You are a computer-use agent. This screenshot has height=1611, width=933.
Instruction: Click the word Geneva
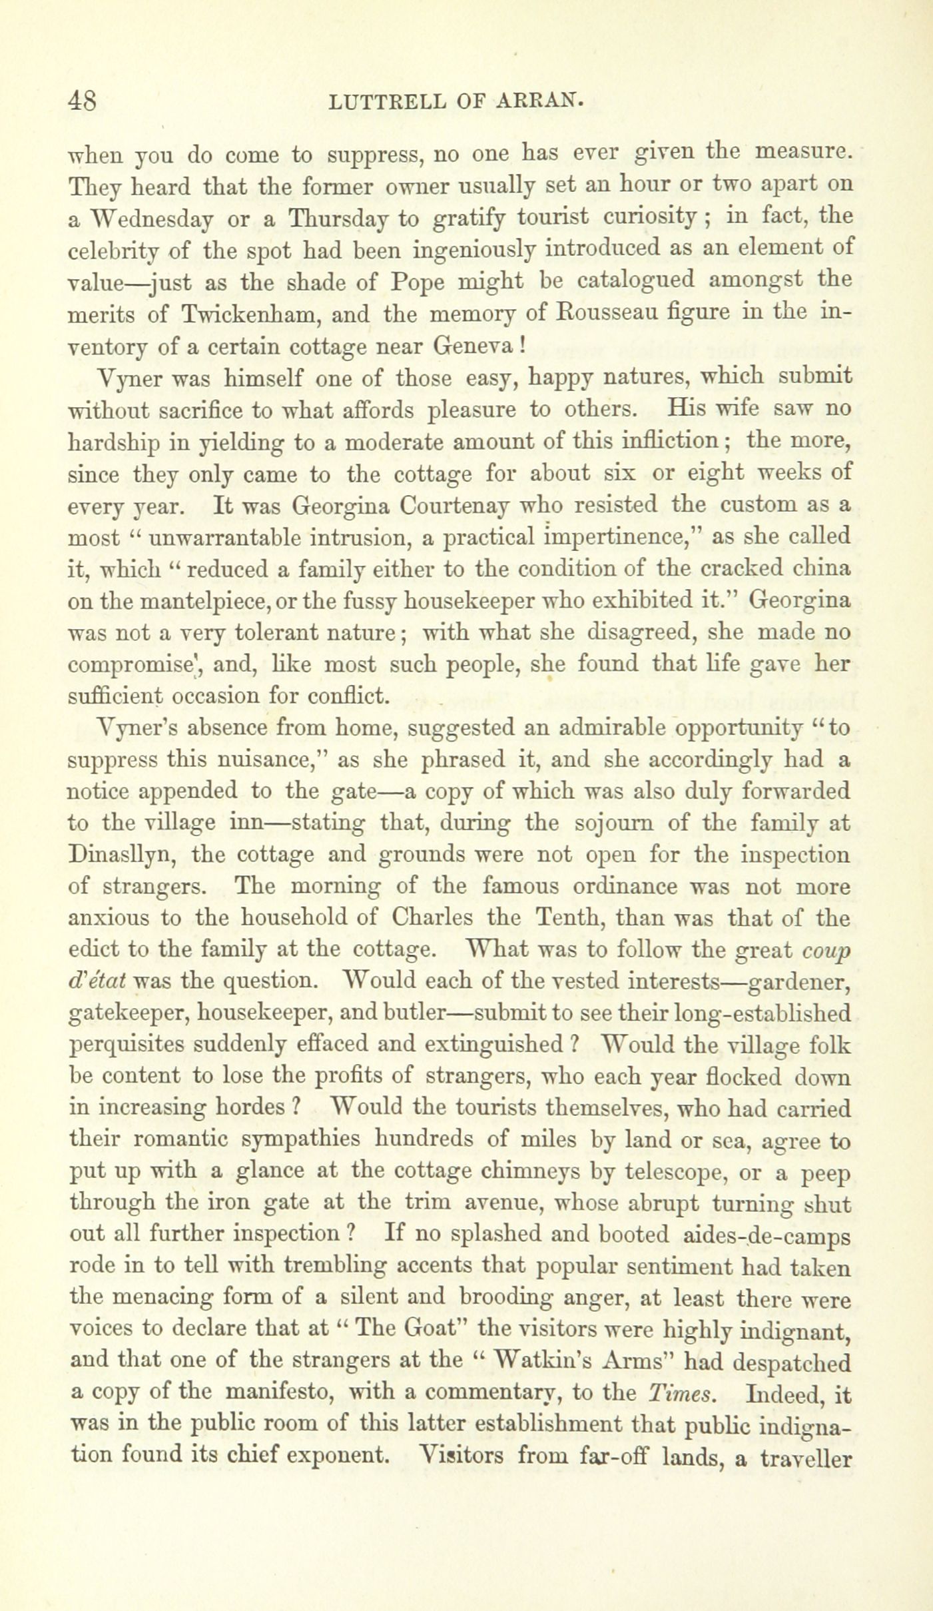tap(473, 344)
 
